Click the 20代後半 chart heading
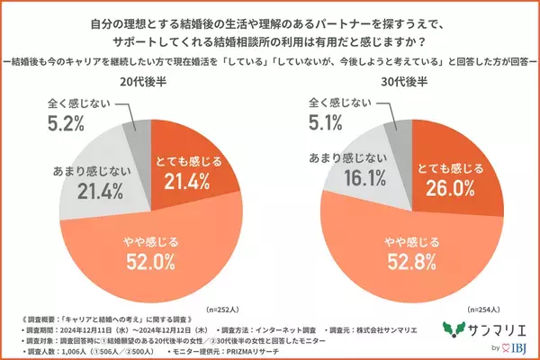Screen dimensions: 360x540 click(x=146, y=79)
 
